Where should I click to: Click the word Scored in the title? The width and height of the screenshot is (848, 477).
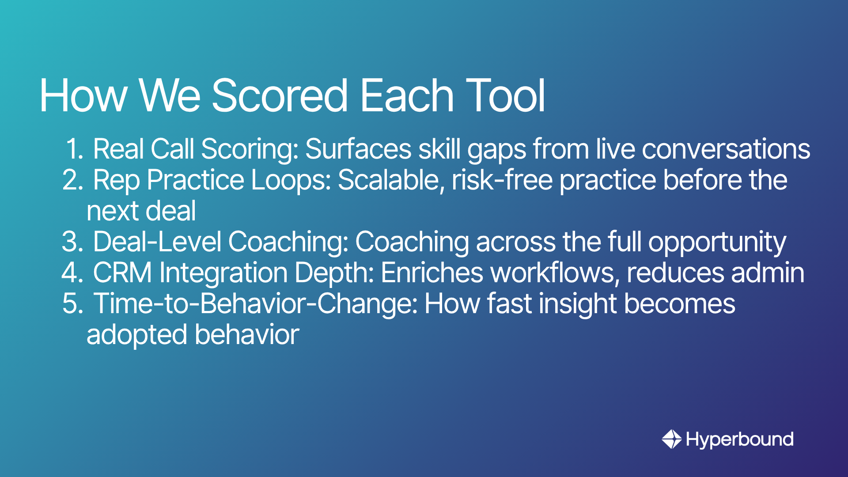pyautogui.click(x=280, y=95)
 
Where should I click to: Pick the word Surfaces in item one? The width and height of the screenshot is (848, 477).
pyautogui.click(x=359, y=149)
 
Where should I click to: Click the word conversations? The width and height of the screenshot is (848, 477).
pyautogui.click(x=726, y=149)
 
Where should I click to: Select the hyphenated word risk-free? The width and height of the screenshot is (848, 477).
pyautogui.click(x=502, y=180)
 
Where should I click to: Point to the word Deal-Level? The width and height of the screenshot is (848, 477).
pyautogui.click(x=157, y=242)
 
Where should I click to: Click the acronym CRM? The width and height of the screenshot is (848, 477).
pyautogui.click(x=123, y=273)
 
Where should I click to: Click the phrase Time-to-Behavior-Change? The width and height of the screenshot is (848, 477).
pyautogui.click(x=257, y=304)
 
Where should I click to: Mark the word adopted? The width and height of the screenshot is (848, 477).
pyautogui.click(x=137, y=335)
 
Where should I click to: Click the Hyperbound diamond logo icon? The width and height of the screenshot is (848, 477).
pyautogui.click(x=672, y=439)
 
